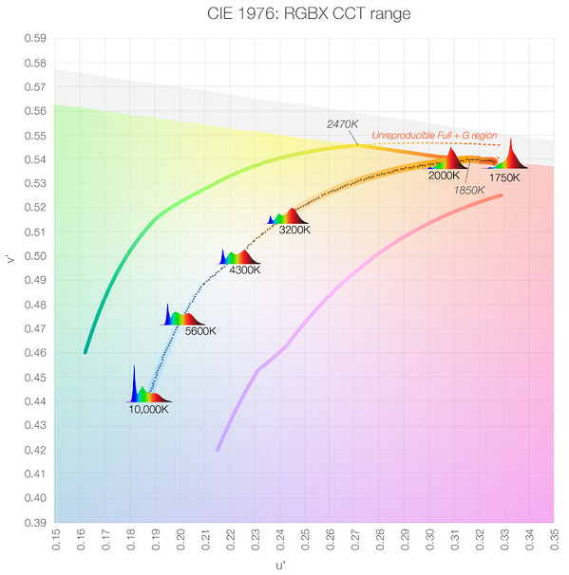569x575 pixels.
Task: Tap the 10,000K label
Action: coord(148,409)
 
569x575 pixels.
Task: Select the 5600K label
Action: coord(199,331)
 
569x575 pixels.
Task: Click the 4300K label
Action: coord(244,269)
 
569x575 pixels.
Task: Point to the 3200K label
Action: coord(297,229)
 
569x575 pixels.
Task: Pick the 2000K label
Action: coord(444,176)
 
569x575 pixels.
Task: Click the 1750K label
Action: coord(504,177)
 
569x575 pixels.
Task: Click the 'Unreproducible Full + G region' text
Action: coord(435,136)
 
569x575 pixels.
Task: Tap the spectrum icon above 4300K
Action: coord(238,256)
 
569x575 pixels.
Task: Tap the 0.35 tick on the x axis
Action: coord(554,541)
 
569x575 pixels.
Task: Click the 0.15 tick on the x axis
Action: coord(55,541)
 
